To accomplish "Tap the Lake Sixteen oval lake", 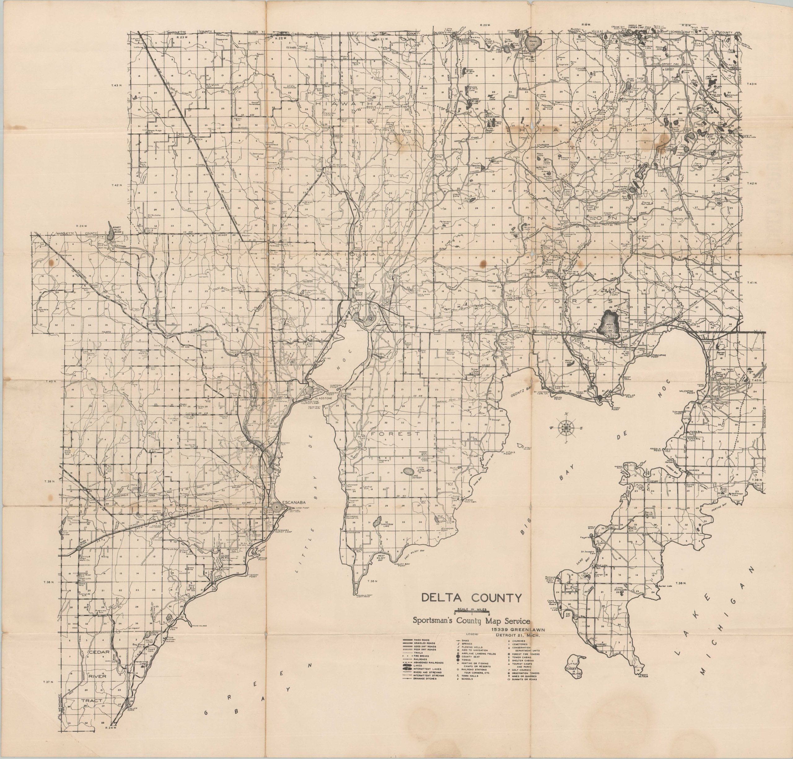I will point(408,471).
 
